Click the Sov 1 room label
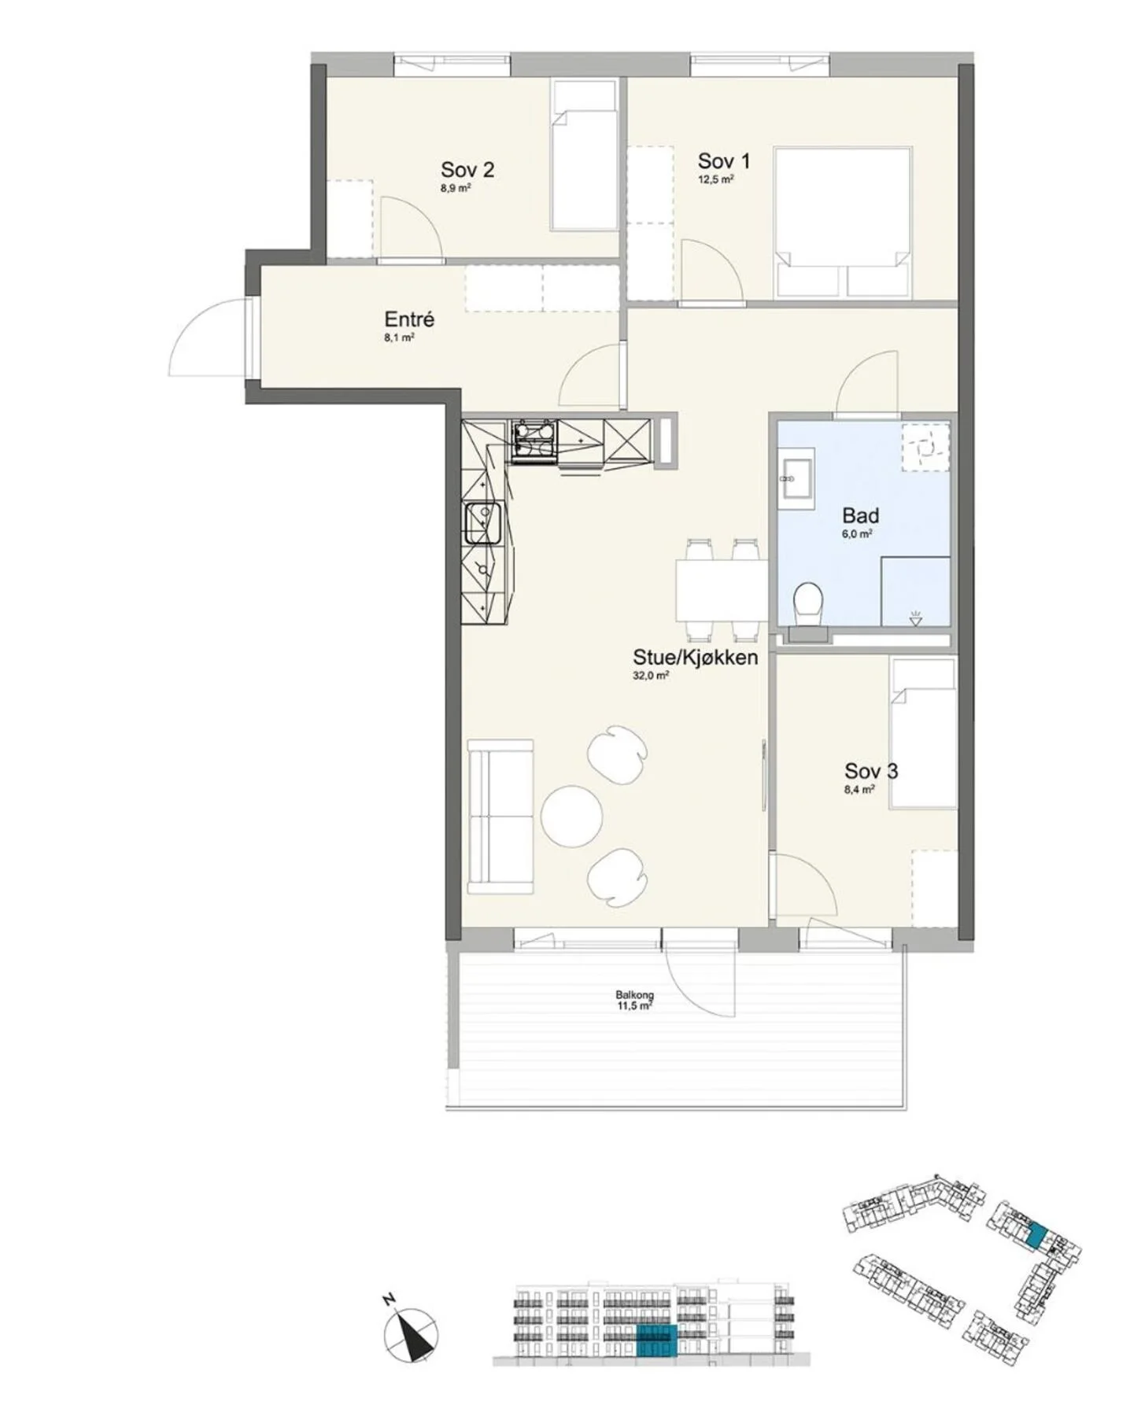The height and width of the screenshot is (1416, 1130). [723, 161]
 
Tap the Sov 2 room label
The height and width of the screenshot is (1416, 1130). [467, 169]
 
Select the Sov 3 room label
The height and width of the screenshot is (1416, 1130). [871, 771]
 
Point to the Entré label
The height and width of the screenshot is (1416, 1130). [409, 320]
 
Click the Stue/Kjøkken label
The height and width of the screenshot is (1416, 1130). [696, 658]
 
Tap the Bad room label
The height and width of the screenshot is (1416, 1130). [860, 516]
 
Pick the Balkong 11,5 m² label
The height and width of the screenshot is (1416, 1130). [635, 1000]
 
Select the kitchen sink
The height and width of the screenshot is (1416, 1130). [482, 523]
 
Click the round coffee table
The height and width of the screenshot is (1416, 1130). [572, 816]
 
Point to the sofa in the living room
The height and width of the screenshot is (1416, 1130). [500, 817]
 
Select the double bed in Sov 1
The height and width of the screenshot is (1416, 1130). [843, 222]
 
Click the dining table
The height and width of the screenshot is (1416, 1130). [721, 590]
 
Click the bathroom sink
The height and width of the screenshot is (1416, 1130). [796, 477]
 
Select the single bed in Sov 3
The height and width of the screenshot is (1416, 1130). [919, 733]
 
